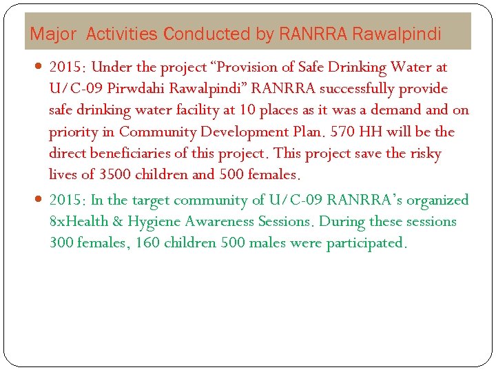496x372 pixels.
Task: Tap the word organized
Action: [433, 200]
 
